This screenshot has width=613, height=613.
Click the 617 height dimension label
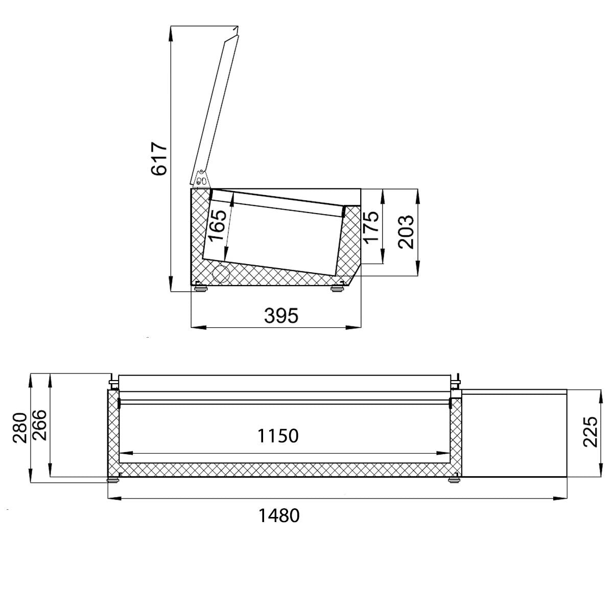click(x=159, y=159)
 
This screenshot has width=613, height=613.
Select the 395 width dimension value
click(x=281, y=316)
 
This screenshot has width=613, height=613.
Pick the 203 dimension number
click(x=406, y=232)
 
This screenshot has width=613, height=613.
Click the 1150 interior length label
click(x=277, y=436)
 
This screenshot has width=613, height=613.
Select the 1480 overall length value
click(x=279, y=516)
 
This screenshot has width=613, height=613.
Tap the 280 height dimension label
click(x=19, y=428)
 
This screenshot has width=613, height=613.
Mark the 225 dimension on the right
click(x=590, y=432)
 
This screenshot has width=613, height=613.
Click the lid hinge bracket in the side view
click(x=200, y=179)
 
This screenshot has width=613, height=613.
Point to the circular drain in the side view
click(x=221, y=273)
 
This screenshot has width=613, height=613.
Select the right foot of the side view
click(x=337, y=289)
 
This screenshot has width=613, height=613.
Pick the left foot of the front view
click(x=111, y=480)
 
